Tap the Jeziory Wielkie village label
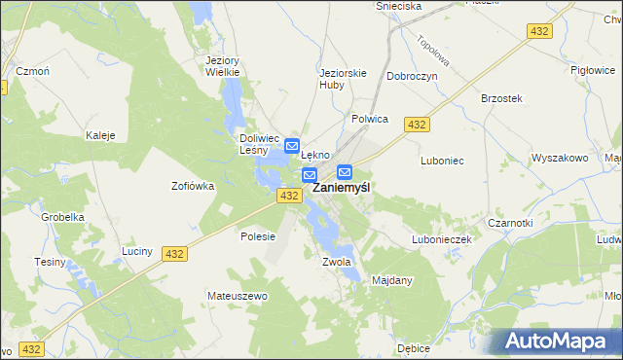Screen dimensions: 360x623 coord(223,65)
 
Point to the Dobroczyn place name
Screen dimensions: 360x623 coord(412,76)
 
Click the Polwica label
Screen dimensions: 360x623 coord(369,119)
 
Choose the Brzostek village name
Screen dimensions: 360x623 coord(502,98)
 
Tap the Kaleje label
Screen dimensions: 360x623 coord(101,135)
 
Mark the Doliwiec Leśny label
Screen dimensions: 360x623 coord(260,144)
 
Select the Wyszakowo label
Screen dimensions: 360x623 coord(560,158)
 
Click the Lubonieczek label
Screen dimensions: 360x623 coord(441,238)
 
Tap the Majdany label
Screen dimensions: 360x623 coord(393,280)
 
